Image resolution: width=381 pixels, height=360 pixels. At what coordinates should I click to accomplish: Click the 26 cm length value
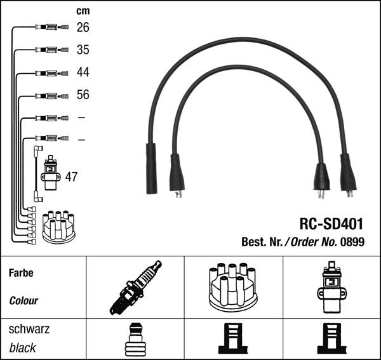[83, 27]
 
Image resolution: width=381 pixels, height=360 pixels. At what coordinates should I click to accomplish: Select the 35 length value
[83, 50]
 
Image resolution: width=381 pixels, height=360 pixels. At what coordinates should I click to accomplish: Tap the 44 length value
[83, 72]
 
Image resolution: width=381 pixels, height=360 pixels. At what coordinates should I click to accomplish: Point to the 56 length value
[83, 95]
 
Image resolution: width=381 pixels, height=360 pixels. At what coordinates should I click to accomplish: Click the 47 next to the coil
[71, 177]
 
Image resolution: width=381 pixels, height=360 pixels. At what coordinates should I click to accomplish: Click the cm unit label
[83, 11]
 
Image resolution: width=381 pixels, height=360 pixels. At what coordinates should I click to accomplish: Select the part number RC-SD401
[331, 223]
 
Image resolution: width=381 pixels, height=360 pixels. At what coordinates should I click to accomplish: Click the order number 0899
[353, 241]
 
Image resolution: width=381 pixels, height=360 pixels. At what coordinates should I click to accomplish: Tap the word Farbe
[21, 274]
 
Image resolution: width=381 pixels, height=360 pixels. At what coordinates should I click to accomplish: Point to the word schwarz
[29, 330]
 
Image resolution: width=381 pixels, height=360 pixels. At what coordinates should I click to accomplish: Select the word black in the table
[23, 347]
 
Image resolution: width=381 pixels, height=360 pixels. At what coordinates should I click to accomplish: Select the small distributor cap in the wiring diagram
[59, 226]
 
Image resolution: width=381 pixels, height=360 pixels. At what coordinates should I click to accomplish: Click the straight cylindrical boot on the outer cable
[152, 168]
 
